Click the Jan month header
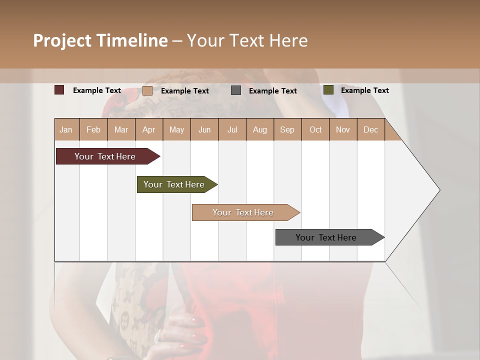[x=66, y=129]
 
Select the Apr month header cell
[x=149, y=129]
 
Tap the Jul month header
[x=232, y=129]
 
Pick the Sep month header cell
[x=287, y=129]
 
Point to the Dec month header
[x=370, y=129]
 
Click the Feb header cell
[x=93, y=129]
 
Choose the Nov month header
[x=343, y=129]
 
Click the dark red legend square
[x=59, y=90]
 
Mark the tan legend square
[x=147, y=90]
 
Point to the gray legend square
[x=236, y=90]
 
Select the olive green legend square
[x=328, y=90]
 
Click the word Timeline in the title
[x=132, y=40]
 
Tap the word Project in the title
[x=62, y=40]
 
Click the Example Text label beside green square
[x=364, y=90]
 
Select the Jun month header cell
[x=204, y=129]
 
